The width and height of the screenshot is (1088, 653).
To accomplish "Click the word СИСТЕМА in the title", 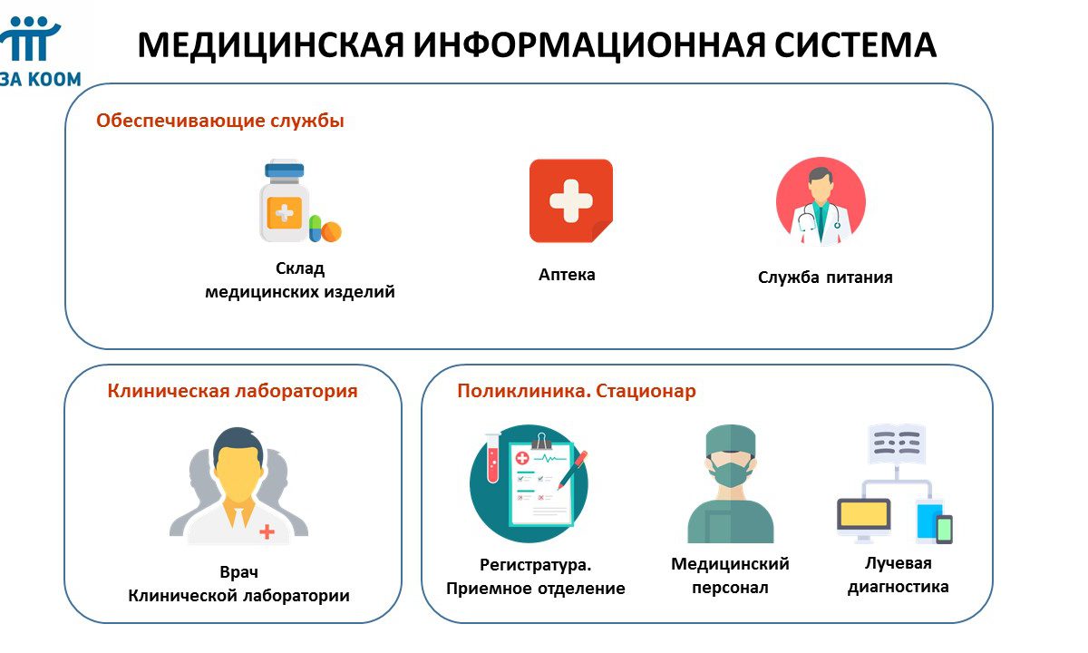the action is [x=855, y=45].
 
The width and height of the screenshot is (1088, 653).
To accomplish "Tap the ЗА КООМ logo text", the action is [x=41, y=79].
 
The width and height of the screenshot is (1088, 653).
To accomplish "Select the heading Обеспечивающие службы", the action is [x=220, y=121].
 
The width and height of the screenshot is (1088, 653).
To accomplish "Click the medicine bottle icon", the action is [x=285, y=200].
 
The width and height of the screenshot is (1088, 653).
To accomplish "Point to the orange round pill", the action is [x=331, y=232].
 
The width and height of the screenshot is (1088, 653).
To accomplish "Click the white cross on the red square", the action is [x=570, y=200].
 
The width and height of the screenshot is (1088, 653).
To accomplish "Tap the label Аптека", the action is [x=567, y=275].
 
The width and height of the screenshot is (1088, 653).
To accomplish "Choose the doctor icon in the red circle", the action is [x=821, y=200].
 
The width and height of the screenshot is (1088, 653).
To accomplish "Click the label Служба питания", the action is [x=825, y=278].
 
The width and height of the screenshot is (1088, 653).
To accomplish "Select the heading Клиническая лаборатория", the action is [x=232, y=391].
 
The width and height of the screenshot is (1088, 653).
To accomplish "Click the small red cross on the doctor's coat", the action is [x=267, y=531].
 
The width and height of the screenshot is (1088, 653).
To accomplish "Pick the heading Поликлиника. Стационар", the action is [x=577, y=391].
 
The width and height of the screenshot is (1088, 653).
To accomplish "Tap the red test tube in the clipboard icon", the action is [x=492, y=458].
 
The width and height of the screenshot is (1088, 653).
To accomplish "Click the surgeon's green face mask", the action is [x=731, y=473].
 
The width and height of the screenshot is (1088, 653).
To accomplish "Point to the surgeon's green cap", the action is [x=731, y=440].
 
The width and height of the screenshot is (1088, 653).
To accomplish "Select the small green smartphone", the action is [x=944, y=529].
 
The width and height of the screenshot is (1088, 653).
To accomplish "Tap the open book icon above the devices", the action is [x=896, y=444].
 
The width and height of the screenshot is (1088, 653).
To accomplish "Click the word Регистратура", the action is [x=536, y=565].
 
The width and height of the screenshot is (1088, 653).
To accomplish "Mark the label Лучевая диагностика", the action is [x=899, y=575].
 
